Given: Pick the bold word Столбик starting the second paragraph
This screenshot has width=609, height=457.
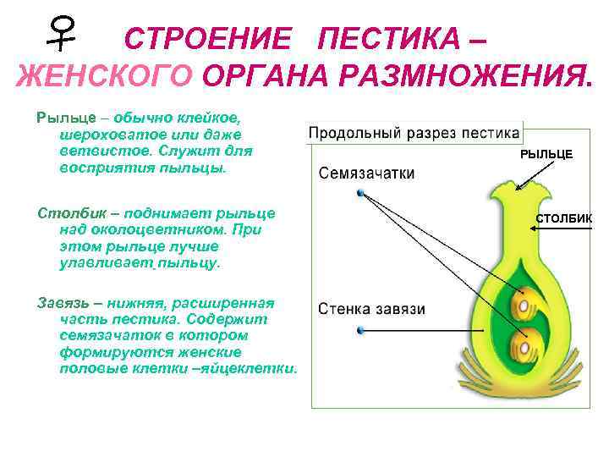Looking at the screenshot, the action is (x=64, y=211).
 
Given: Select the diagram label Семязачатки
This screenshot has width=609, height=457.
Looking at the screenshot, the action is (x=366, y=173).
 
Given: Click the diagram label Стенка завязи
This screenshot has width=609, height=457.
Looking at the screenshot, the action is (x=371, y=309).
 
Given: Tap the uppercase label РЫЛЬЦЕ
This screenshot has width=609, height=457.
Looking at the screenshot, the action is (x=546, y=154).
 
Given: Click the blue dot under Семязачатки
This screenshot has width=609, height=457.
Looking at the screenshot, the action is (x=361, y=193).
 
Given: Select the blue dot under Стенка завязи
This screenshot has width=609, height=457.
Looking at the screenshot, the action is (x=361, y=329).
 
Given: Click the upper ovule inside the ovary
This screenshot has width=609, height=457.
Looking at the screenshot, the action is (x=524, y=301).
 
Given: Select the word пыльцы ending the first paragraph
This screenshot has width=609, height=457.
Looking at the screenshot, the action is (x=200, y=168).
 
